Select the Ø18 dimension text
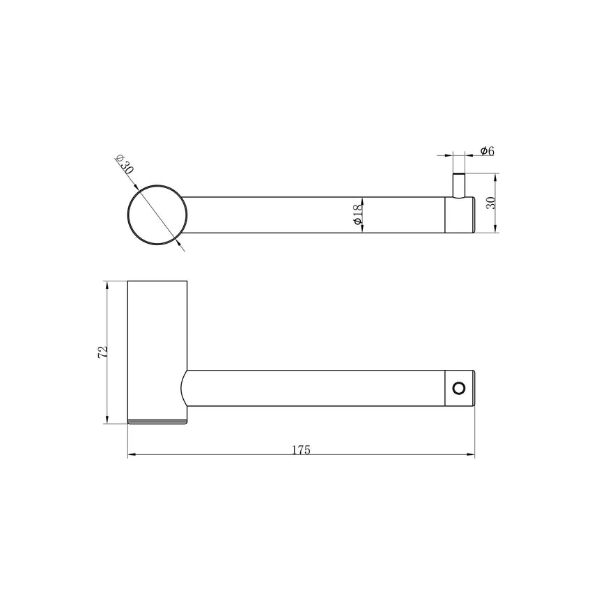[x=356, y=214]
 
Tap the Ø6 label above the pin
[x=487, y=151]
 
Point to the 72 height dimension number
[x=102, y=352]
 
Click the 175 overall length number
[x=301, y=449]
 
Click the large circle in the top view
[x=157, y=215]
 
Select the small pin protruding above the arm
[x=459, y=185]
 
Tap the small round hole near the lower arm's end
[x=458, y=387]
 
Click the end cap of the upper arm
[x=460, y=215]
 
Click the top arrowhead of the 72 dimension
[x=107, y=286]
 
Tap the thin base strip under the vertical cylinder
[x=157, y=421]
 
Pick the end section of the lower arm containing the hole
[x=460, y=387]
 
